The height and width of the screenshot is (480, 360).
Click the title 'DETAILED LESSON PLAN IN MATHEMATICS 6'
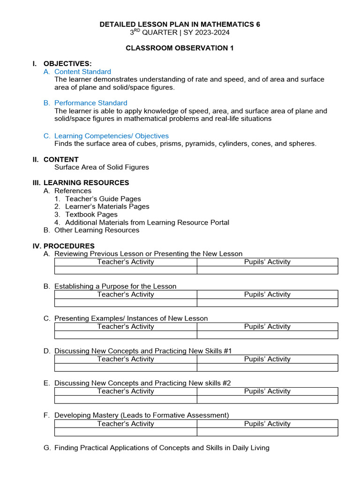180,24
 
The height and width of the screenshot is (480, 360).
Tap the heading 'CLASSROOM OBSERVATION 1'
180,48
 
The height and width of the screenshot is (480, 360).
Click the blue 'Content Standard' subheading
82,72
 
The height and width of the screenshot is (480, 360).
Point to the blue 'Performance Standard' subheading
90,103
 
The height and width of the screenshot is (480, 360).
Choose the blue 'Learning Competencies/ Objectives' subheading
111,136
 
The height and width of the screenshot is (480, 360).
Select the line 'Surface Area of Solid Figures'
102,167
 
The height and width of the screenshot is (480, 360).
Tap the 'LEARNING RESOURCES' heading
86,182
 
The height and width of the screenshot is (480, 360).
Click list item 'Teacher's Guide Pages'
103,199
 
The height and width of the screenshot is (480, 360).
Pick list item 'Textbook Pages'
91,214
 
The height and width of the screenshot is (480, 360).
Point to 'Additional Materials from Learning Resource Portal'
147,222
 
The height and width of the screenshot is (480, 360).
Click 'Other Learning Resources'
97,230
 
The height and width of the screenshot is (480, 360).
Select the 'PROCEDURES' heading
69,246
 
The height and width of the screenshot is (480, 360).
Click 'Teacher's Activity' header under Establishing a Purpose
126,294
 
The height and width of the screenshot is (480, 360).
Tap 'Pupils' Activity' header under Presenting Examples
267,326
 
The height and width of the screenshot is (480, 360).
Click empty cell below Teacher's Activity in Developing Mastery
126,432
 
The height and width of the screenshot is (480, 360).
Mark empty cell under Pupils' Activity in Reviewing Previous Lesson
267,270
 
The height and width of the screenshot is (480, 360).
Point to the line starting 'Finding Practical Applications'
162,448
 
